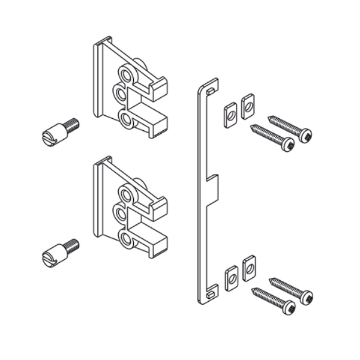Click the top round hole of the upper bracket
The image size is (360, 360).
click(126, 74)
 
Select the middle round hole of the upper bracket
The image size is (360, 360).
click(121, 94)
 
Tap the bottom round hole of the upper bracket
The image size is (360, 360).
click(126, 119)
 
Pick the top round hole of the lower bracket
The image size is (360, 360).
click(126, 194)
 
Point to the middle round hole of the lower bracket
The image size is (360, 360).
click(121, 214)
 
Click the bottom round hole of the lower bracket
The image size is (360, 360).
click(126, 239)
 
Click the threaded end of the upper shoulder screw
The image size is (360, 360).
click(72, 124)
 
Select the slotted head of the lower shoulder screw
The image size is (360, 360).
click(50, 257)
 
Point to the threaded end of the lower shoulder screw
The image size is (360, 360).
click(72, 244)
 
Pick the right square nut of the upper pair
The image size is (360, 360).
click(247, 106)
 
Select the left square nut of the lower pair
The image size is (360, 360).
click(230, 278)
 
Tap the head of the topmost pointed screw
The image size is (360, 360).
click(305, 136)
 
